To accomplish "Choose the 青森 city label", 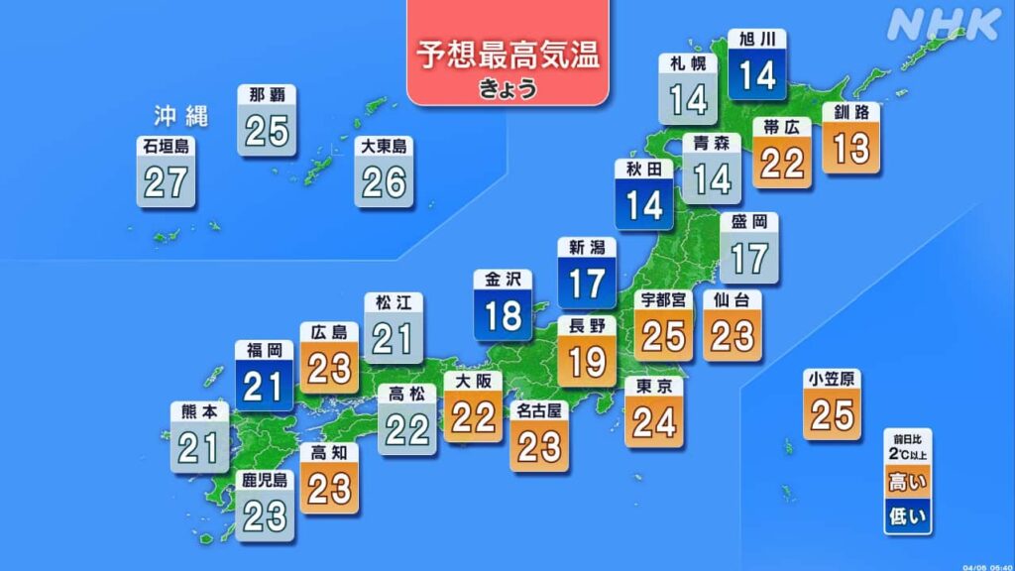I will click(711, 143).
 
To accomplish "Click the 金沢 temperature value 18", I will click(503, 316).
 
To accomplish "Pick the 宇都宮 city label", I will click(663, 298).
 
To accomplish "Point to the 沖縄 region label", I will click(180, 115).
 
